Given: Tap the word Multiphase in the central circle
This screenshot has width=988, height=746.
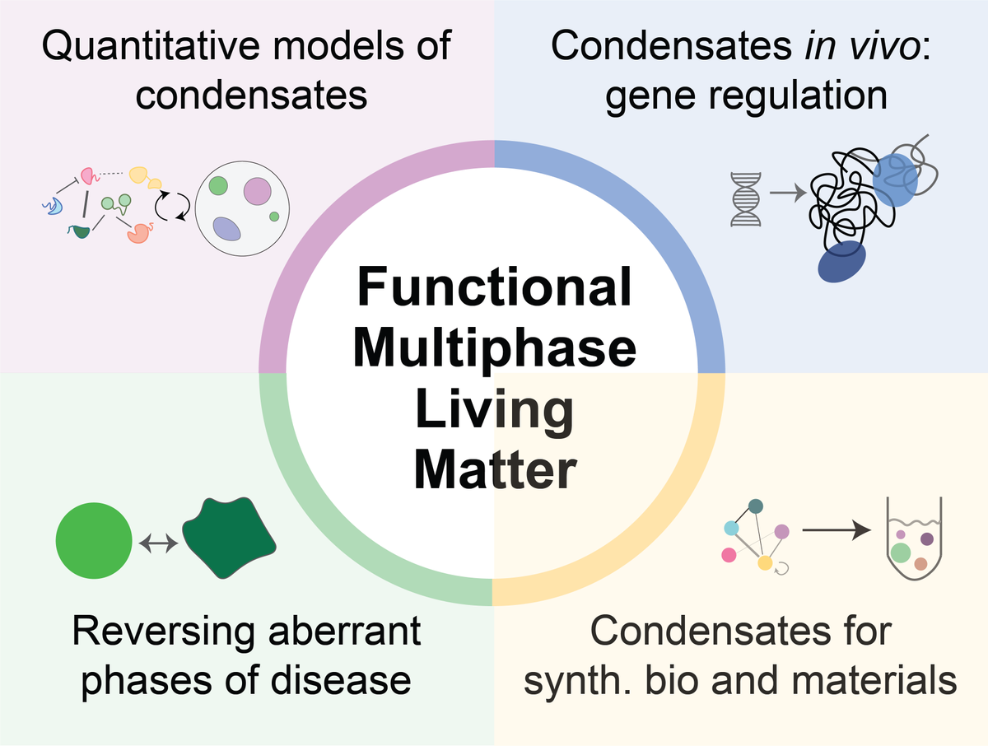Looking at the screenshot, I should pyautogui.click(x=494, y=349).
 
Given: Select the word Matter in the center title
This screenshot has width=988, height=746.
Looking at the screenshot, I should pyautogui.click(x=494, y=473).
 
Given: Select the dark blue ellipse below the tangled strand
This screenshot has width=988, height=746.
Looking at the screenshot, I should pyautogui.click(x=842, y=262).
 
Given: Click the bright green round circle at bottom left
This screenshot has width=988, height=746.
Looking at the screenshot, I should pyautogui.click(x=94, y=541).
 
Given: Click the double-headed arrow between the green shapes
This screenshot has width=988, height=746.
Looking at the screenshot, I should pyautogui.click(x=156, y=543).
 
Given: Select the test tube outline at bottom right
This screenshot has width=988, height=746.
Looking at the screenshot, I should pyautogui.click(x=914, y=543).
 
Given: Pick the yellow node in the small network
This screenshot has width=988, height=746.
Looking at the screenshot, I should pyautogui.click(x=765, y=563).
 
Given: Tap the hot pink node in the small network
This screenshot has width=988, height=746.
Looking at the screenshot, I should pyautogui.click(x=729, y=555).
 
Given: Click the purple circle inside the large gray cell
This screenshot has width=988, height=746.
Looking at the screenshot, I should pyautogui.click(x=257, y=193).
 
